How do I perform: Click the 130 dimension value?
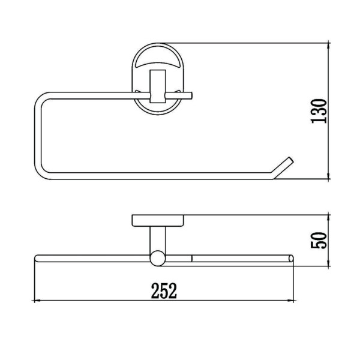319,111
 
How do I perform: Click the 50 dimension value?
319,241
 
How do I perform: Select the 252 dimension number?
164,290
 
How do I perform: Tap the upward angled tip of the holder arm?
290,160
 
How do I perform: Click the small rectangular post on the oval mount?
158,86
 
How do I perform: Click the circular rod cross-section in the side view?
158,258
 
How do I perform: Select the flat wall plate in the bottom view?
158,221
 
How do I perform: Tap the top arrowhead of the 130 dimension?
329,46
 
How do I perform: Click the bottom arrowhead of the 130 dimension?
329,176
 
